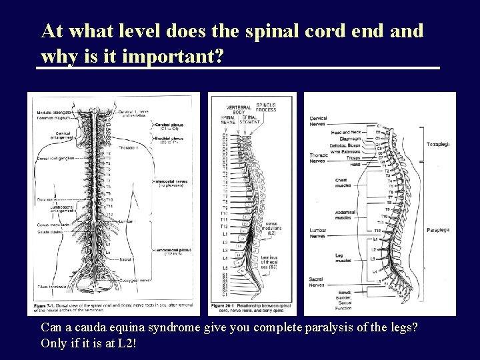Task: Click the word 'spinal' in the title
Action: [x=280, y=31]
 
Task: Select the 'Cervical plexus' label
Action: [x=170, y=125]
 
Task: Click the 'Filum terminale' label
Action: [x=47, y=286]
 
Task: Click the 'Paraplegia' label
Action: [x=438, y=230]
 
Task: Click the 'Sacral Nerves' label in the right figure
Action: [x=317, y=282]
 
